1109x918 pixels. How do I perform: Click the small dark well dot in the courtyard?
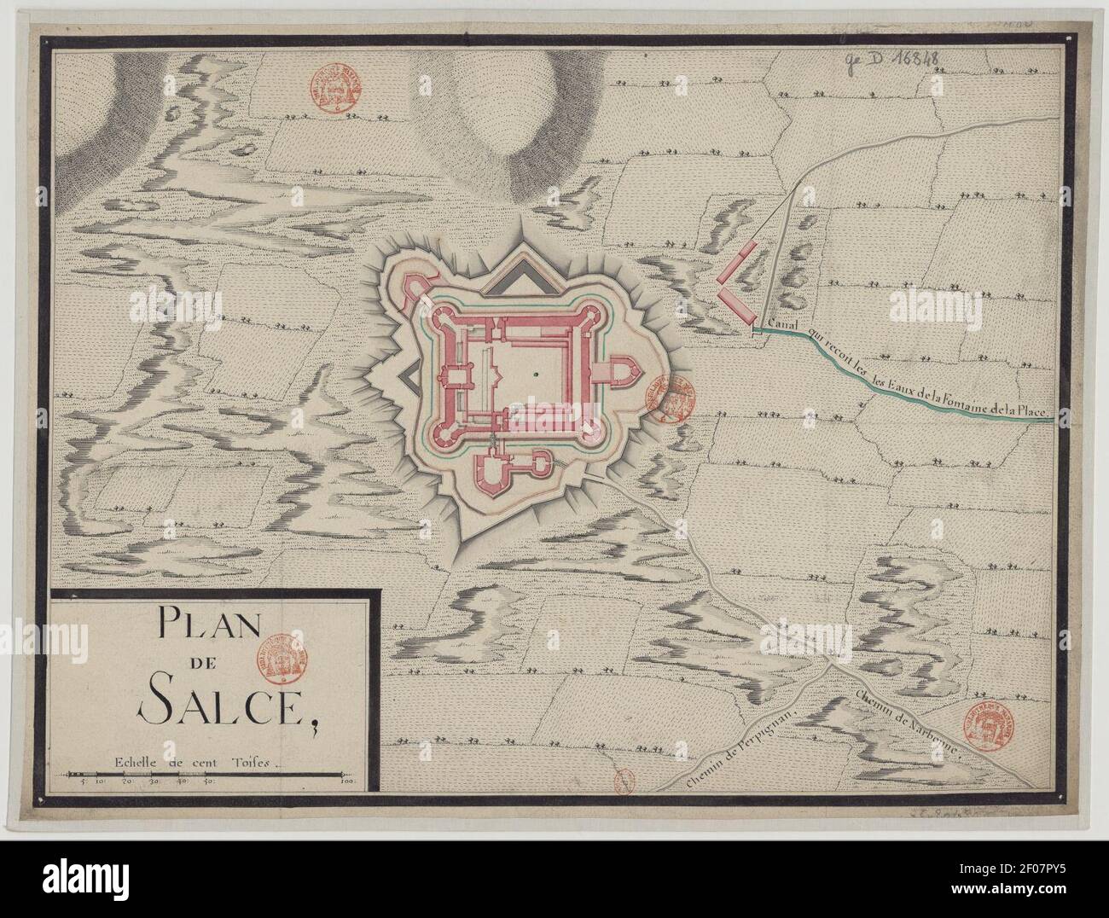534,374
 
